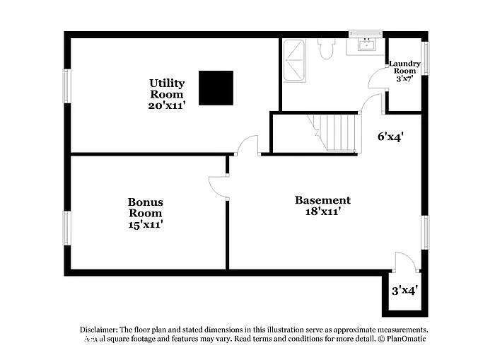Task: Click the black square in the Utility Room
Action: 216,88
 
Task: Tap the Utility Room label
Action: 167,94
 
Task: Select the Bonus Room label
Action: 145,213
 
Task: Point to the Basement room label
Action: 322,205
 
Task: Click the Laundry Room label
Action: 405,71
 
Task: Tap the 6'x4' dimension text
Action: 390,137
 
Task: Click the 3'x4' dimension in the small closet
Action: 405,290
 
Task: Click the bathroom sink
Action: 366,46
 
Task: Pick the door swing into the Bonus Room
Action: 218,186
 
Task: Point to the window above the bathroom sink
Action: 366,33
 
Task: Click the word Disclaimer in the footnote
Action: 98,330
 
